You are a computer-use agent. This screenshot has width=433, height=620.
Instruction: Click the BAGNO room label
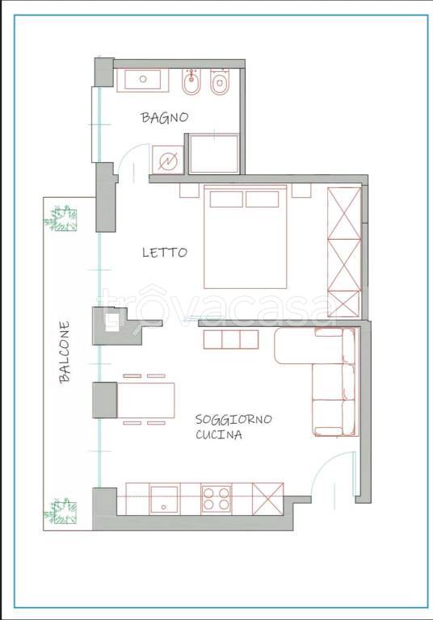[165, 117]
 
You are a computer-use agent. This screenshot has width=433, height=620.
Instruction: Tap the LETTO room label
[165, 253]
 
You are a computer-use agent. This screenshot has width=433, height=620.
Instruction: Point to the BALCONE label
[64, 352]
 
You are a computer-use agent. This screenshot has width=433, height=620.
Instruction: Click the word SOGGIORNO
[233, 419]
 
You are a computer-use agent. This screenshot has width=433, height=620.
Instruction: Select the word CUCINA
[219, 434]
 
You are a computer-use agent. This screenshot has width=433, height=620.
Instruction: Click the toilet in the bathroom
[220, 82]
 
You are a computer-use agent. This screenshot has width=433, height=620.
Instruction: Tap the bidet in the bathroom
[191, 82]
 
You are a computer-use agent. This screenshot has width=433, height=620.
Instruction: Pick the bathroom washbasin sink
[143, 80]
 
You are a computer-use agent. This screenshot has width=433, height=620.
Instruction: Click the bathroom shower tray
[214, 154]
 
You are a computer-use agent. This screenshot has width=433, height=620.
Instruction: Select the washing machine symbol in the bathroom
[168, 160]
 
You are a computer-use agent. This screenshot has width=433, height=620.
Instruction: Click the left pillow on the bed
[226, 199]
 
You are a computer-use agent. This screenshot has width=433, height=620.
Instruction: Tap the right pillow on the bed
[262, 199]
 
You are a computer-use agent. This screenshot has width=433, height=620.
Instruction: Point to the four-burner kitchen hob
[216, 499]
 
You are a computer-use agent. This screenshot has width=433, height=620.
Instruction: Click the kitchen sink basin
[164, 500]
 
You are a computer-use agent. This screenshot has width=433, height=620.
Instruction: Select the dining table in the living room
[146, 400]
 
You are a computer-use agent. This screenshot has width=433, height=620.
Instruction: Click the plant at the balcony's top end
[60, 218]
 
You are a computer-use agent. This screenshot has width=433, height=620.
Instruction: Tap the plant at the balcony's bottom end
[60, 511]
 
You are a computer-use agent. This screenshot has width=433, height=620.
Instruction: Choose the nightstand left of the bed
[189, 191]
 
